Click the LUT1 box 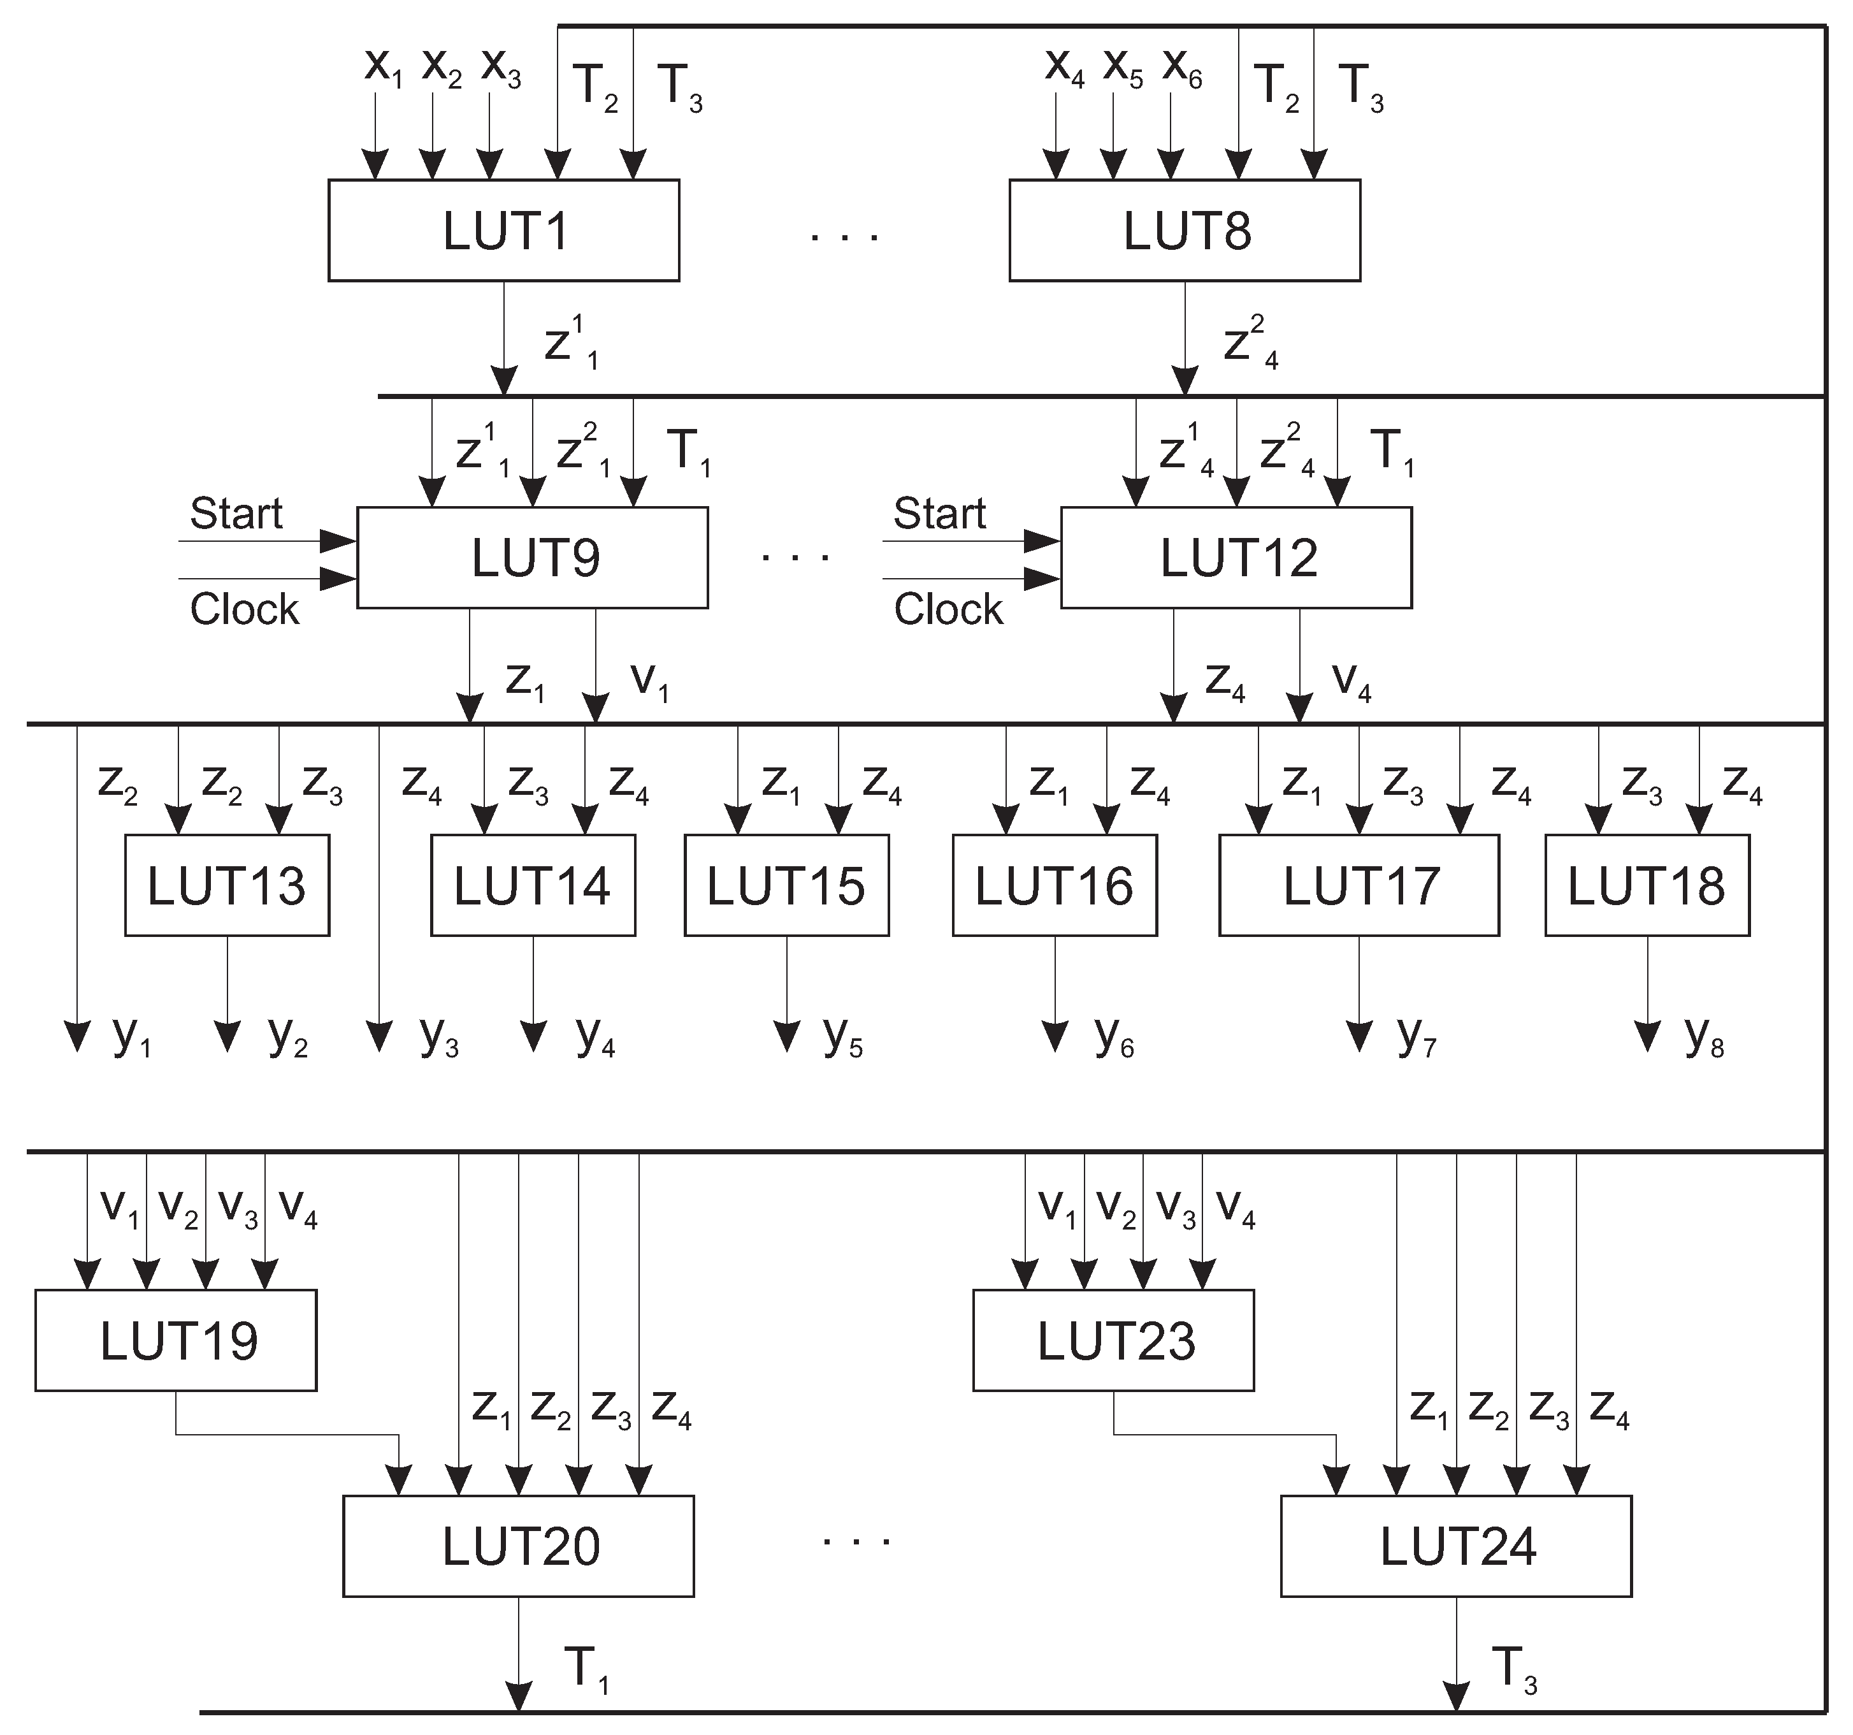click(x=503, y=230)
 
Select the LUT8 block click(x=1184, y=230)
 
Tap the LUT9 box click(x=532, y=558)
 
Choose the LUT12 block click(x=1236, y=558)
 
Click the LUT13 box click(x=226, y=885)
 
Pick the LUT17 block click(x=1359, y=885)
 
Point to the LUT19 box click(x=176, y=1340)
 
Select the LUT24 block click(x=1456, y=1546)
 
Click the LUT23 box click(x=1113, y=1340)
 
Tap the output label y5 click(x=842, y=1036)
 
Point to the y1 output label click(x=131, y=1036)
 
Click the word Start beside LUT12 click(x=939, y=514)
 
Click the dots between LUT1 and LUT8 click(x=844, y=238)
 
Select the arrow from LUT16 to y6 click(x=1055, y=993)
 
